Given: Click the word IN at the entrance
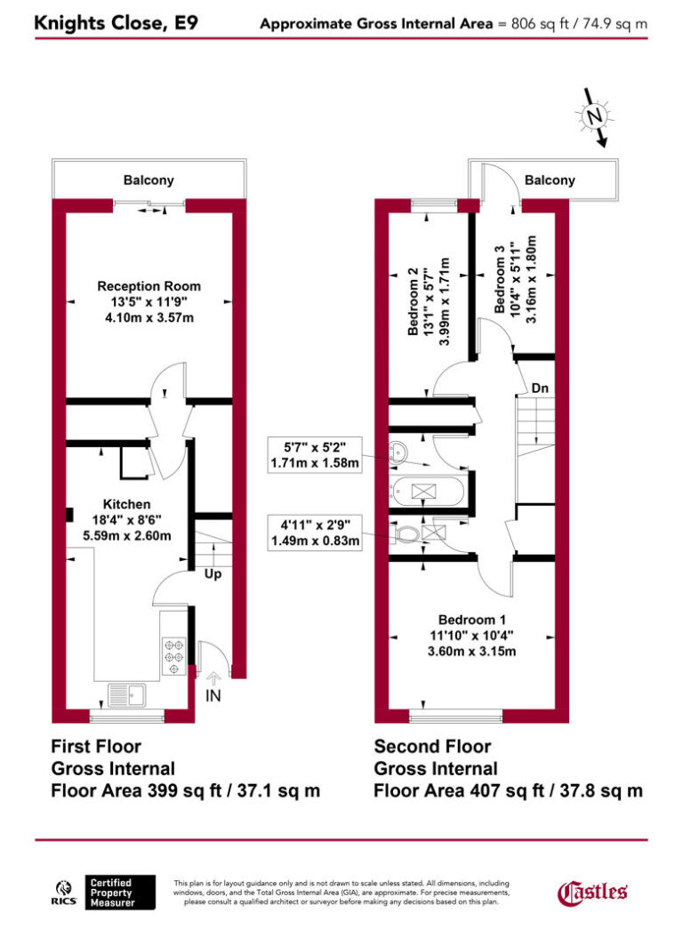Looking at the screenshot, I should (213, 696).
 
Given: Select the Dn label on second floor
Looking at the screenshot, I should (540, 388).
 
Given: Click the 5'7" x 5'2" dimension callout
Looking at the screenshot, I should (316, 453).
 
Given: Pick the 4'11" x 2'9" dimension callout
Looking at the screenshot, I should (316, 532).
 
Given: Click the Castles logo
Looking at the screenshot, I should (592, 892).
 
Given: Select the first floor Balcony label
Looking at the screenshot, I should (149, 180).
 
